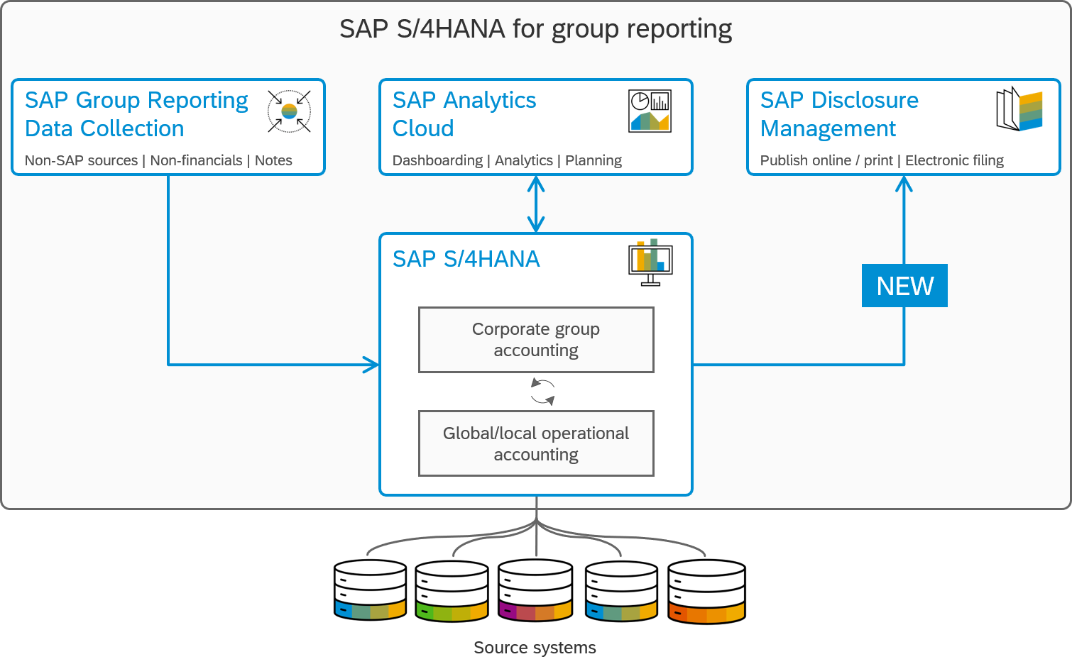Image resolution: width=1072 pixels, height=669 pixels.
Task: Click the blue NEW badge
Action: coord(904,286)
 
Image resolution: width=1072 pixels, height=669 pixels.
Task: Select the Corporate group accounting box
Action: coord(536,340)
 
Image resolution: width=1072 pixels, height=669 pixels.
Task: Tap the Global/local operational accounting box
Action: coord(536,443)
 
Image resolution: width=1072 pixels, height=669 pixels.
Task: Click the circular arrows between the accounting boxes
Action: coord(542,392)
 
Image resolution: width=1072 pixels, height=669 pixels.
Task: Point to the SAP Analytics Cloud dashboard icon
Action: coord(650,111)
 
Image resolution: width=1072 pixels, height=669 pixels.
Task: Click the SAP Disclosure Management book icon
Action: coord(1019,109)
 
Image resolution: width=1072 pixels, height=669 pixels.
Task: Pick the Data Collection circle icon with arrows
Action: coord(289,111)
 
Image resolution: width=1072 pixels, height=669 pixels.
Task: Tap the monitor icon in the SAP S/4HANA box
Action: coord(650,262)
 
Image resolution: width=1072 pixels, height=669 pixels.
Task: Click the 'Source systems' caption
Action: coord(535,648)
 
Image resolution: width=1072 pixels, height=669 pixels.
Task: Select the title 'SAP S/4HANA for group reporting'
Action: coord(535,29)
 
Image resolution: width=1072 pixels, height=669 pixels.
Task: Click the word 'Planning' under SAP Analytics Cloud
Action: coord(594,160)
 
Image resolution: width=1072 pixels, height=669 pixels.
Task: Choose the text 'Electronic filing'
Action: coord(954,160)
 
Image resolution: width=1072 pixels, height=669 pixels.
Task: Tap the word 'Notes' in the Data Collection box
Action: coord(273,160)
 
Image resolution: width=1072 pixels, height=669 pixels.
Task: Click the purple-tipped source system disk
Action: coord(535,610)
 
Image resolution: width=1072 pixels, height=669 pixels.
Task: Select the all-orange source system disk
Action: coord(706,612)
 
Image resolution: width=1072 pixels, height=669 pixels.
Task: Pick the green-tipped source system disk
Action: coord(452,610)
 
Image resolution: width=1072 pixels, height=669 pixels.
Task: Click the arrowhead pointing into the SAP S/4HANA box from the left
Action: coord(372,365)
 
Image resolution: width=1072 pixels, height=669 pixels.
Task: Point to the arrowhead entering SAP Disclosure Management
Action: coord(904,184)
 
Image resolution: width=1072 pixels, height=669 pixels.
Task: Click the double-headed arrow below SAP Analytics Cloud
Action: coord(536,204)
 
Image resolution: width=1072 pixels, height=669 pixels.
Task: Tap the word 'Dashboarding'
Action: coord(437,160)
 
